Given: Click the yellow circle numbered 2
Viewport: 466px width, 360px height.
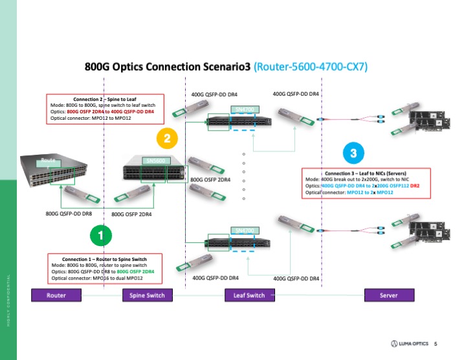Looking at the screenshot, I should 168,138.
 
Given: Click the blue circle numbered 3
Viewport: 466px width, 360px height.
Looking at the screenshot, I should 353,153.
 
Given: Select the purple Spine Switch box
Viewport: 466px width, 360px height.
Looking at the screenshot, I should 143,296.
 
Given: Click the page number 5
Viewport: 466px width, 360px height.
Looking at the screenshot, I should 436,343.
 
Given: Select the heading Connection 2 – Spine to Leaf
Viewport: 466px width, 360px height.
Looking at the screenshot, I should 105,98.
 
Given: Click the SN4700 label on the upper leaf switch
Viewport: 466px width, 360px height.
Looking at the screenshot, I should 247,109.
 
